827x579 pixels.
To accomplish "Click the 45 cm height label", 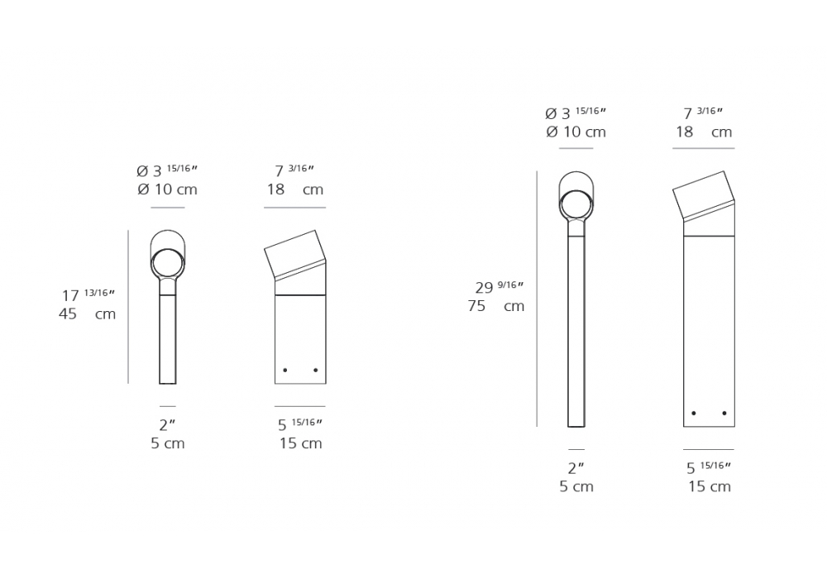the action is [x=87, y=313].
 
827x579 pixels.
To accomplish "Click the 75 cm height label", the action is [x=495, y=306].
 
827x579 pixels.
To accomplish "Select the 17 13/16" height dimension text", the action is [x=88, y=294].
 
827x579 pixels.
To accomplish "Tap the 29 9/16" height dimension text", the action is [x=499, y=287].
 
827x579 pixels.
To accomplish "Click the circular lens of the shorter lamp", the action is [x=168, y=263].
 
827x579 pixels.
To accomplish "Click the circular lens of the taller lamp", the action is [x=576, y=204].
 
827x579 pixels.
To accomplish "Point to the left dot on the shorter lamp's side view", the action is [x=284, y=371].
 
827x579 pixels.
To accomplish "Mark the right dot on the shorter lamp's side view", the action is [x=315, y=371].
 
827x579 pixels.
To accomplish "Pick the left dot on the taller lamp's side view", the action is [x=694, y=413].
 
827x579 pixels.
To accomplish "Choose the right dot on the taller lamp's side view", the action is [x=724, y=413].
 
